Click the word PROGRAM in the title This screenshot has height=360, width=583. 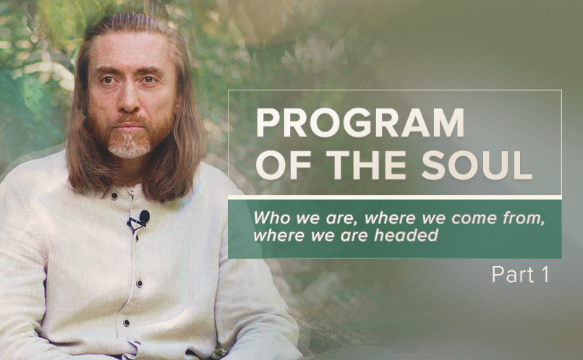pos(360,123)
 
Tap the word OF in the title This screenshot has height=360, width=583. pos(284,166)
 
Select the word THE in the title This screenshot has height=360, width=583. pos(366,166)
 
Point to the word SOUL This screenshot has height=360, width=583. pos(477,166)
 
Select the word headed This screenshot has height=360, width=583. pos(406,235)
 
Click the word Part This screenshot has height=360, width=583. pos(508,275)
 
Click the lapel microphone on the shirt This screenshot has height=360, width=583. pos(143,217)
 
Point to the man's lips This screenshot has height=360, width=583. pos(129,127)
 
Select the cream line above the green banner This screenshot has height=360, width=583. pos(394,197)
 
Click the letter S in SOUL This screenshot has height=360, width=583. pos(433,166)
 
